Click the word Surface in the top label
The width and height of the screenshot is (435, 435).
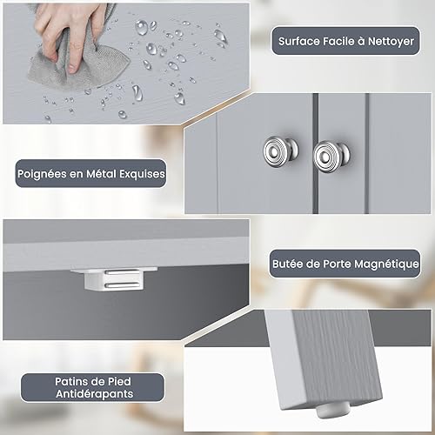pyautogui.click(x=299, y=41)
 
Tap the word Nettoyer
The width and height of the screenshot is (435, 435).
pyautogui.click(x=391, y=42)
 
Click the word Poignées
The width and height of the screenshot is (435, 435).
pyautogui.click(x=42, y=174)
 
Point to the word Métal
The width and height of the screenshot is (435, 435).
pyautogui.click(x=102, y=174)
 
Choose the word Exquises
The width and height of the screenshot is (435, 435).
pyautogui.click(x=142, y=174)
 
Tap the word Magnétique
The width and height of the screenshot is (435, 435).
pyautogui.click(x=386, y=264)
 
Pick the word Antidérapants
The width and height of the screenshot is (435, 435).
pyautogui.click(x=95, y=394)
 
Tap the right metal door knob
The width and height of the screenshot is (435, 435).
pyautogui.click(x=331, y=156)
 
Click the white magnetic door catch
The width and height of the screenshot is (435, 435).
pyautogui.click(x=115, y=278)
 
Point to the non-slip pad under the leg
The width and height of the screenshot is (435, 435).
pyautogui.click(x=333, y=411)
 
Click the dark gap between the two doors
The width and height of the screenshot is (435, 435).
pyautogui.click(x=316, y=153)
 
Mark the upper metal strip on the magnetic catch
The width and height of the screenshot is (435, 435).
pyautogui.click(x=123, y=272)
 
